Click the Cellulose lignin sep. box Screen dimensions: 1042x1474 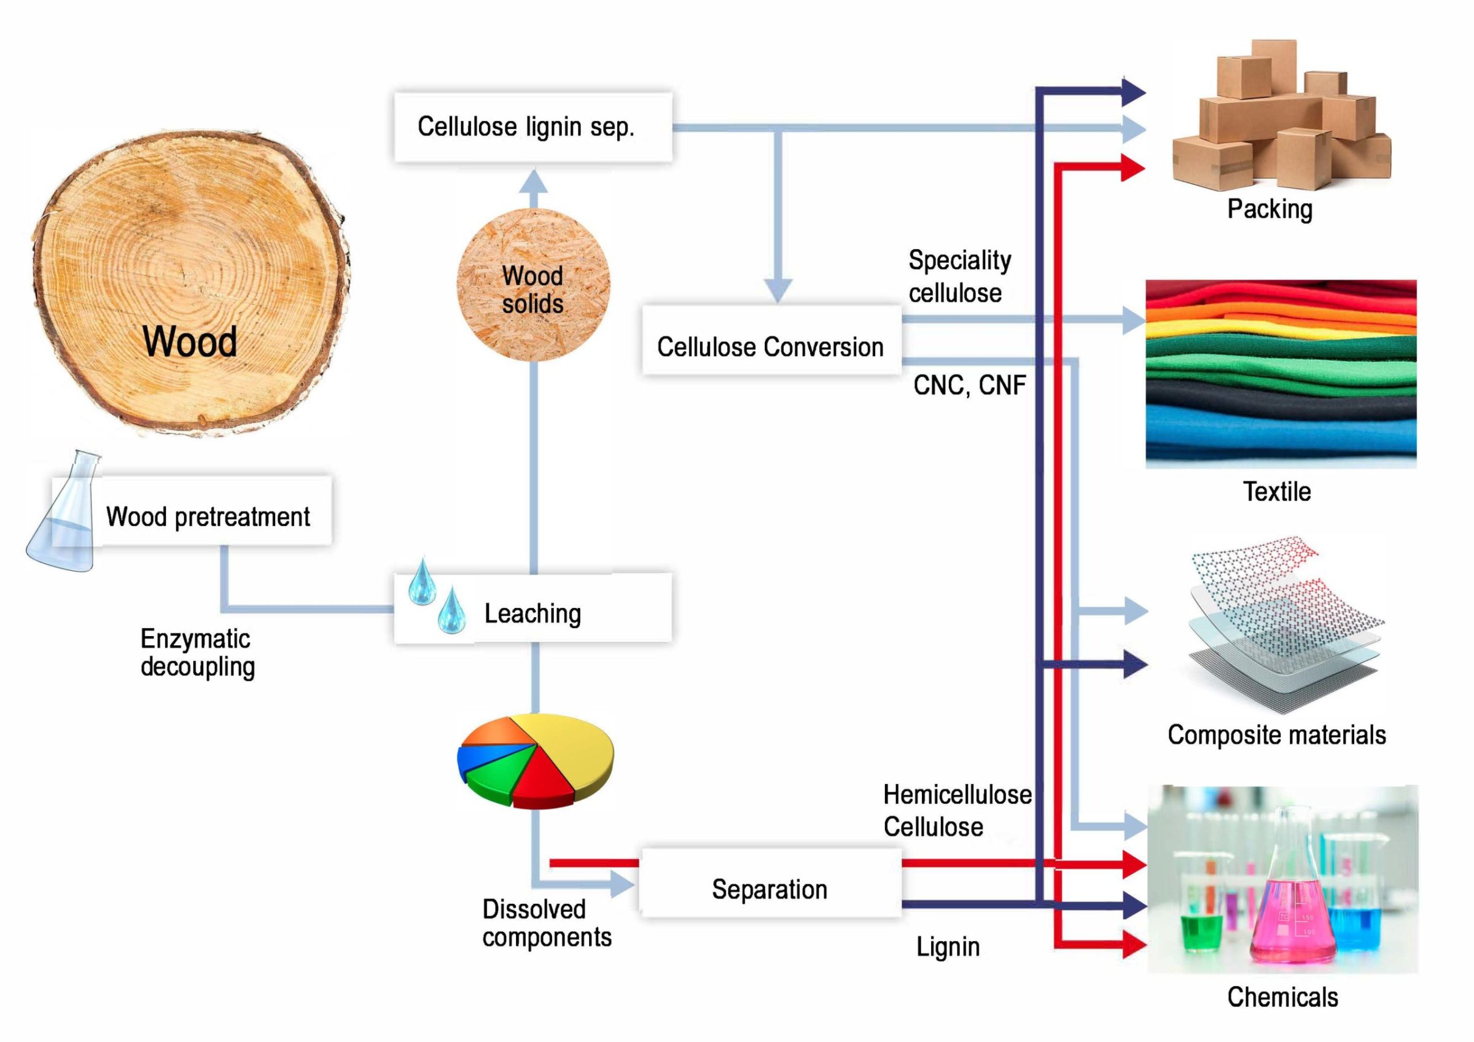click(x=532, y=126)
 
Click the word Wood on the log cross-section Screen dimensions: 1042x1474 click(x=190, y=341)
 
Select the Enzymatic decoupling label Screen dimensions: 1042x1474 click(x=198, y=652)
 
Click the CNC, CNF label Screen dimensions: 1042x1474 click(x=969, y=386)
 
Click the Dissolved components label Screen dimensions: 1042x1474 click(x=547, y=923)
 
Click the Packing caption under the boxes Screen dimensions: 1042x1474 click(x=1269, y=209)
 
